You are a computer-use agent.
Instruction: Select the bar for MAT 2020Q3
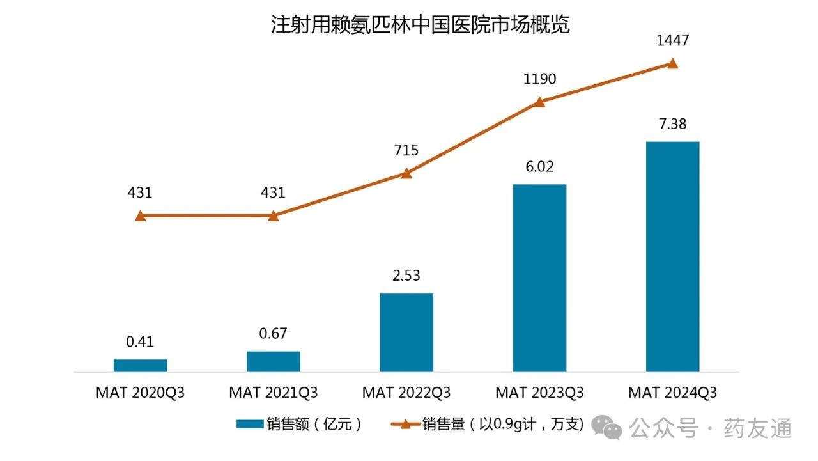pos(141,365)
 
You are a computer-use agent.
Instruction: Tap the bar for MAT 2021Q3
pos(274,361)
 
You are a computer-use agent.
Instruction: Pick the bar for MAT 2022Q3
pos(406,332)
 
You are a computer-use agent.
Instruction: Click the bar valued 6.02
pos(539,277)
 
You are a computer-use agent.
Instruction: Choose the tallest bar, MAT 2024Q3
pos(672,256)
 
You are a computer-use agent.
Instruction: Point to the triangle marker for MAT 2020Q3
pos(141,216)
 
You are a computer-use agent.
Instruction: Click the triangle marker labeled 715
pos(406,173)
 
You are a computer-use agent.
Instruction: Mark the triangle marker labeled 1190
pos(539,102)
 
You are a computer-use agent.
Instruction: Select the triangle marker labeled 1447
pos(672,63)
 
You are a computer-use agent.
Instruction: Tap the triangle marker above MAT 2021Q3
pos(274,216)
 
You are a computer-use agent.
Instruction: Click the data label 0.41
pos(140,341)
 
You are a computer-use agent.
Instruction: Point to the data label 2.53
pos(406,276)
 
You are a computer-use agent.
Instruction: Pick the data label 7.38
pos(672,124)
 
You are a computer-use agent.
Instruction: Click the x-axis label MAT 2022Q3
pos(406,392)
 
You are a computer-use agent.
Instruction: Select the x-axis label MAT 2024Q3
pos(672,392)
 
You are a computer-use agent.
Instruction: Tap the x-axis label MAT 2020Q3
pos(141,392)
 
